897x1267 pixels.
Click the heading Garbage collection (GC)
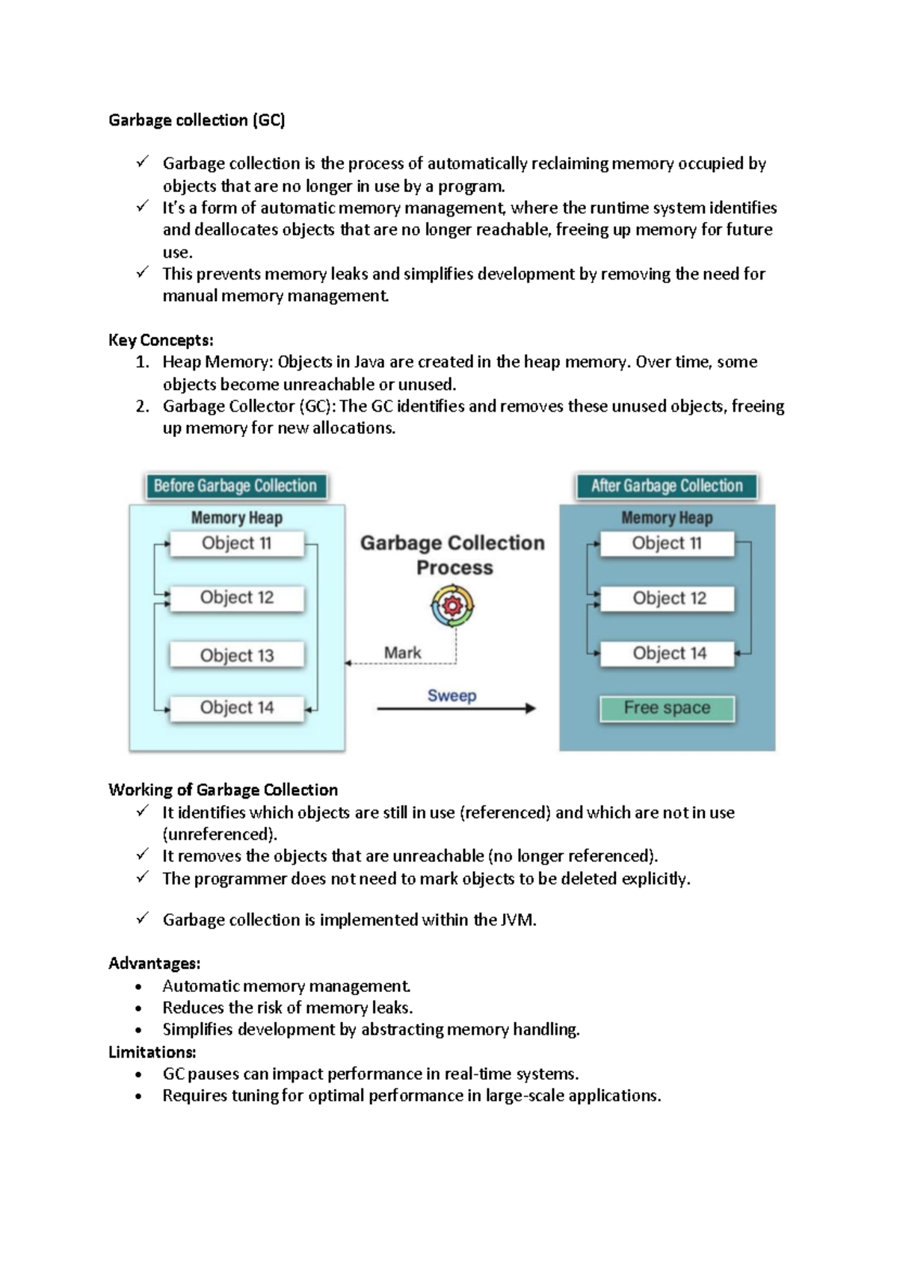coord(197,120)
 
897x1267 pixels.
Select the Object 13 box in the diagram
coord(237,655)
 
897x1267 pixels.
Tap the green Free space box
coord(667,708)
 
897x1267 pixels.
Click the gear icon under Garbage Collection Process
coord(452,605)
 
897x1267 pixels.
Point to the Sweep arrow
coord(456,708)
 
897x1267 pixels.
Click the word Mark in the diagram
coord(402,653)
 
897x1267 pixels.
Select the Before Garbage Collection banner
coord(235,486)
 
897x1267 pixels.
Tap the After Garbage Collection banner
coord(667,486)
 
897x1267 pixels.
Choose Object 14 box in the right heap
coord(668,654)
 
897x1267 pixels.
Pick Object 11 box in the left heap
coord(237,544)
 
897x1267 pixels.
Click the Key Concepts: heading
coord(161,341)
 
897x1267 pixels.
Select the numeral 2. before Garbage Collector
coord(142,406)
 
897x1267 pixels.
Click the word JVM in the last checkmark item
coord(517,920)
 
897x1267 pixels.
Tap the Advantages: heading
coord(154,964)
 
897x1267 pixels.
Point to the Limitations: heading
coord(152,1053)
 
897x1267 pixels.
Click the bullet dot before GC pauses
coord(138,1076)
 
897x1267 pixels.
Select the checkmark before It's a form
coord(142,207)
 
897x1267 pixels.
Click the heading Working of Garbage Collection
coord(223,790)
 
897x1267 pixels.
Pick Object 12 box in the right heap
coord(668,598)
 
